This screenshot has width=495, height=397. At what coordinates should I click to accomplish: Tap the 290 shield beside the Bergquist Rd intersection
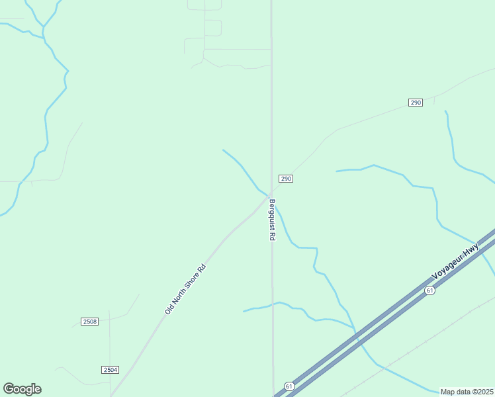(285, 179)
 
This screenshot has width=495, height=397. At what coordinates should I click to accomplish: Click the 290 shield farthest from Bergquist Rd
(415, 103)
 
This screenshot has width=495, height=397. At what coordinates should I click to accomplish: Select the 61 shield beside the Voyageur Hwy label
(430, 290)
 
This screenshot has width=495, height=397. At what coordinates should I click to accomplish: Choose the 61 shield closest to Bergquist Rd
(289, 386)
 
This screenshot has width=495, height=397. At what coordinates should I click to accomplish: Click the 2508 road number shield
(90, 322)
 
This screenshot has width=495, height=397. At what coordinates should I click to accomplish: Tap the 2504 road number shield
(111, 370)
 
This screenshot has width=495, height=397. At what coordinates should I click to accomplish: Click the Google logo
(22, 389)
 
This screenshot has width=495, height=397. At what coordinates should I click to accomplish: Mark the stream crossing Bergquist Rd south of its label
(273, 304)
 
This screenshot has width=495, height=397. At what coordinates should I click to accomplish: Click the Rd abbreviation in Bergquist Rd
(272, 235)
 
